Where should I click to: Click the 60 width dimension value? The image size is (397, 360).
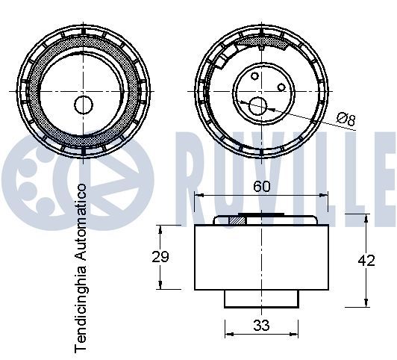tap(260, 187)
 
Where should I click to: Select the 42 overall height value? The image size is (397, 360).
tap(366, 260)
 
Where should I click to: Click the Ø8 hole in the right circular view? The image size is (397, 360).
tap(258, 106)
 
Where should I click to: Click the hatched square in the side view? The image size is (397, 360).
tap(237, 220)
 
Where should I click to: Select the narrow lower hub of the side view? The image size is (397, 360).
tap(261, 298)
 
